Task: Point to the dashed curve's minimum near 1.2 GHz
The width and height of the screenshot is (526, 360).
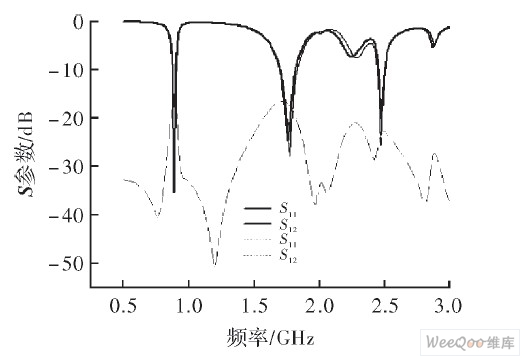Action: coord(215,264)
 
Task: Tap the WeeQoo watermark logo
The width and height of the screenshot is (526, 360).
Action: coord(469,343)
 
